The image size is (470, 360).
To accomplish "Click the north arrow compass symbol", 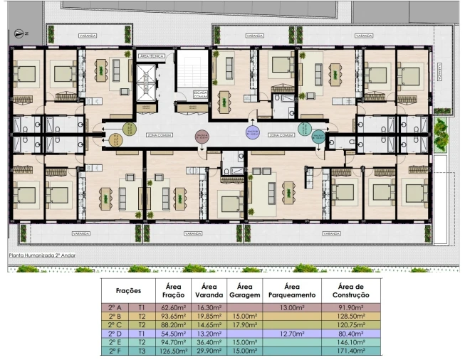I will pyautogui.click(x=19, y=33).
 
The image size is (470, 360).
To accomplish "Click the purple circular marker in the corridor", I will pyautogui.click(x=252, y=133).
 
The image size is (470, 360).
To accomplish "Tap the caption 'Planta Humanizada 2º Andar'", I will pyautogui.click(x=41, y=255).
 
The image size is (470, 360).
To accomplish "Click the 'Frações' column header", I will pyautogui.click(x=128, y=290).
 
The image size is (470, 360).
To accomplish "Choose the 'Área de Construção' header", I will pyautogui.click(x=352, y=290).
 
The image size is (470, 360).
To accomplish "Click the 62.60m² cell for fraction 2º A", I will pyautogui.click(x=174, y=307).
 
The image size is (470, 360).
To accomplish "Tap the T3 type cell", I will pyautogui.click(x=142, y=350).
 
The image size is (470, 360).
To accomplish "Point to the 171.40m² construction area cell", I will pyautogui.click(x=352, y=350).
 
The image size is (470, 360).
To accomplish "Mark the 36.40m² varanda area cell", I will pyautogui.click(x=209, y=342).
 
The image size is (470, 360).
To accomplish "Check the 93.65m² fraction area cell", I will pyautogui.click(x=174, y=316).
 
